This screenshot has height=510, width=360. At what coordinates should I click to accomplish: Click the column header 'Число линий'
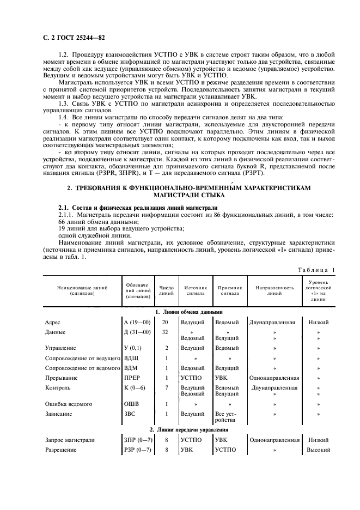166,290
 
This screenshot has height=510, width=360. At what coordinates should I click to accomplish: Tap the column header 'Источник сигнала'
196,290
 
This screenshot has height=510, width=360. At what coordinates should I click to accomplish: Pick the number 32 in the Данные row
166,332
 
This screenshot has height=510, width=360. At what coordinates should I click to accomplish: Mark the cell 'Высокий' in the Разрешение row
319,450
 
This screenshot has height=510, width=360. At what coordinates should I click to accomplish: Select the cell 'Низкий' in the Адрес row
319,322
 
